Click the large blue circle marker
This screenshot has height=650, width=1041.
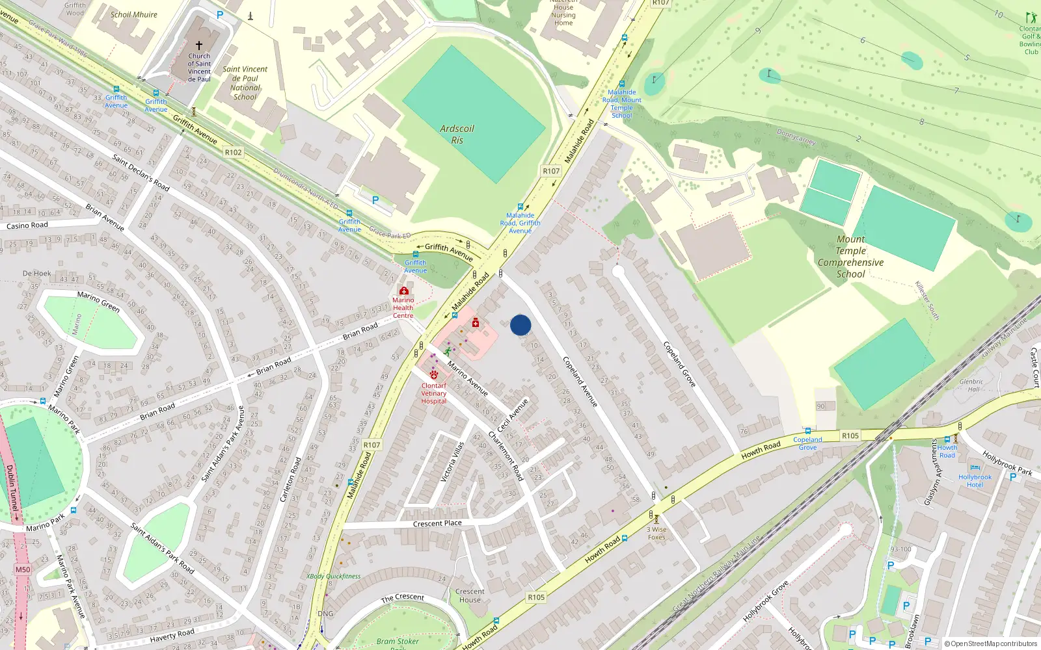[x=520, y=325]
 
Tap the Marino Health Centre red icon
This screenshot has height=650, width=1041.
[x=404, y=291]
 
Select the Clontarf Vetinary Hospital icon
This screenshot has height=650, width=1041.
[x=434, y=375]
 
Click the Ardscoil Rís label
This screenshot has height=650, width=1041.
[x=457, y=134]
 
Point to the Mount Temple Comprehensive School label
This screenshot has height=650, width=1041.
[x=850, y=257]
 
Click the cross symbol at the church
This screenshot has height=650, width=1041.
[x=199, y=45]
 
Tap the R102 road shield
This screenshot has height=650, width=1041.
[x=233, y=152]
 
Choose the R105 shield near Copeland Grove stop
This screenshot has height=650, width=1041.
[x=850, y=435]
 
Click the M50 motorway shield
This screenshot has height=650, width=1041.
[x=23, y=569]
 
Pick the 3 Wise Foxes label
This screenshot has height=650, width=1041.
[x=656, y=533]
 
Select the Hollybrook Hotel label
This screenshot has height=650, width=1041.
[x=975, y=480]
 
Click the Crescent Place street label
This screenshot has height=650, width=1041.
[x=437, y=523]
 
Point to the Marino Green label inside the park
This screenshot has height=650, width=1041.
[x=98, y=301]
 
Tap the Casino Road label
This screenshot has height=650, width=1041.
[x=27, y=226]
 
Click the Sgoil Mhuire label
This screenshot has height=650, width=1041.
[x=134, y=14]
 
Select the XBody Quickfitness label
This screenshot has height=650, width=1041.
[x=333, y=576]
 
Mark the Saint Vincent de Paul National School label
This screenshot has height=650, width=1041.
[x=245, y=83]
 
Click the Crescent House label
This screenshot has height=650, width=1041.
[x=470, y=595]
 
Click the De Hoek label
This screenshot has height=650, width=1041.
[x=36, y=273]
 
